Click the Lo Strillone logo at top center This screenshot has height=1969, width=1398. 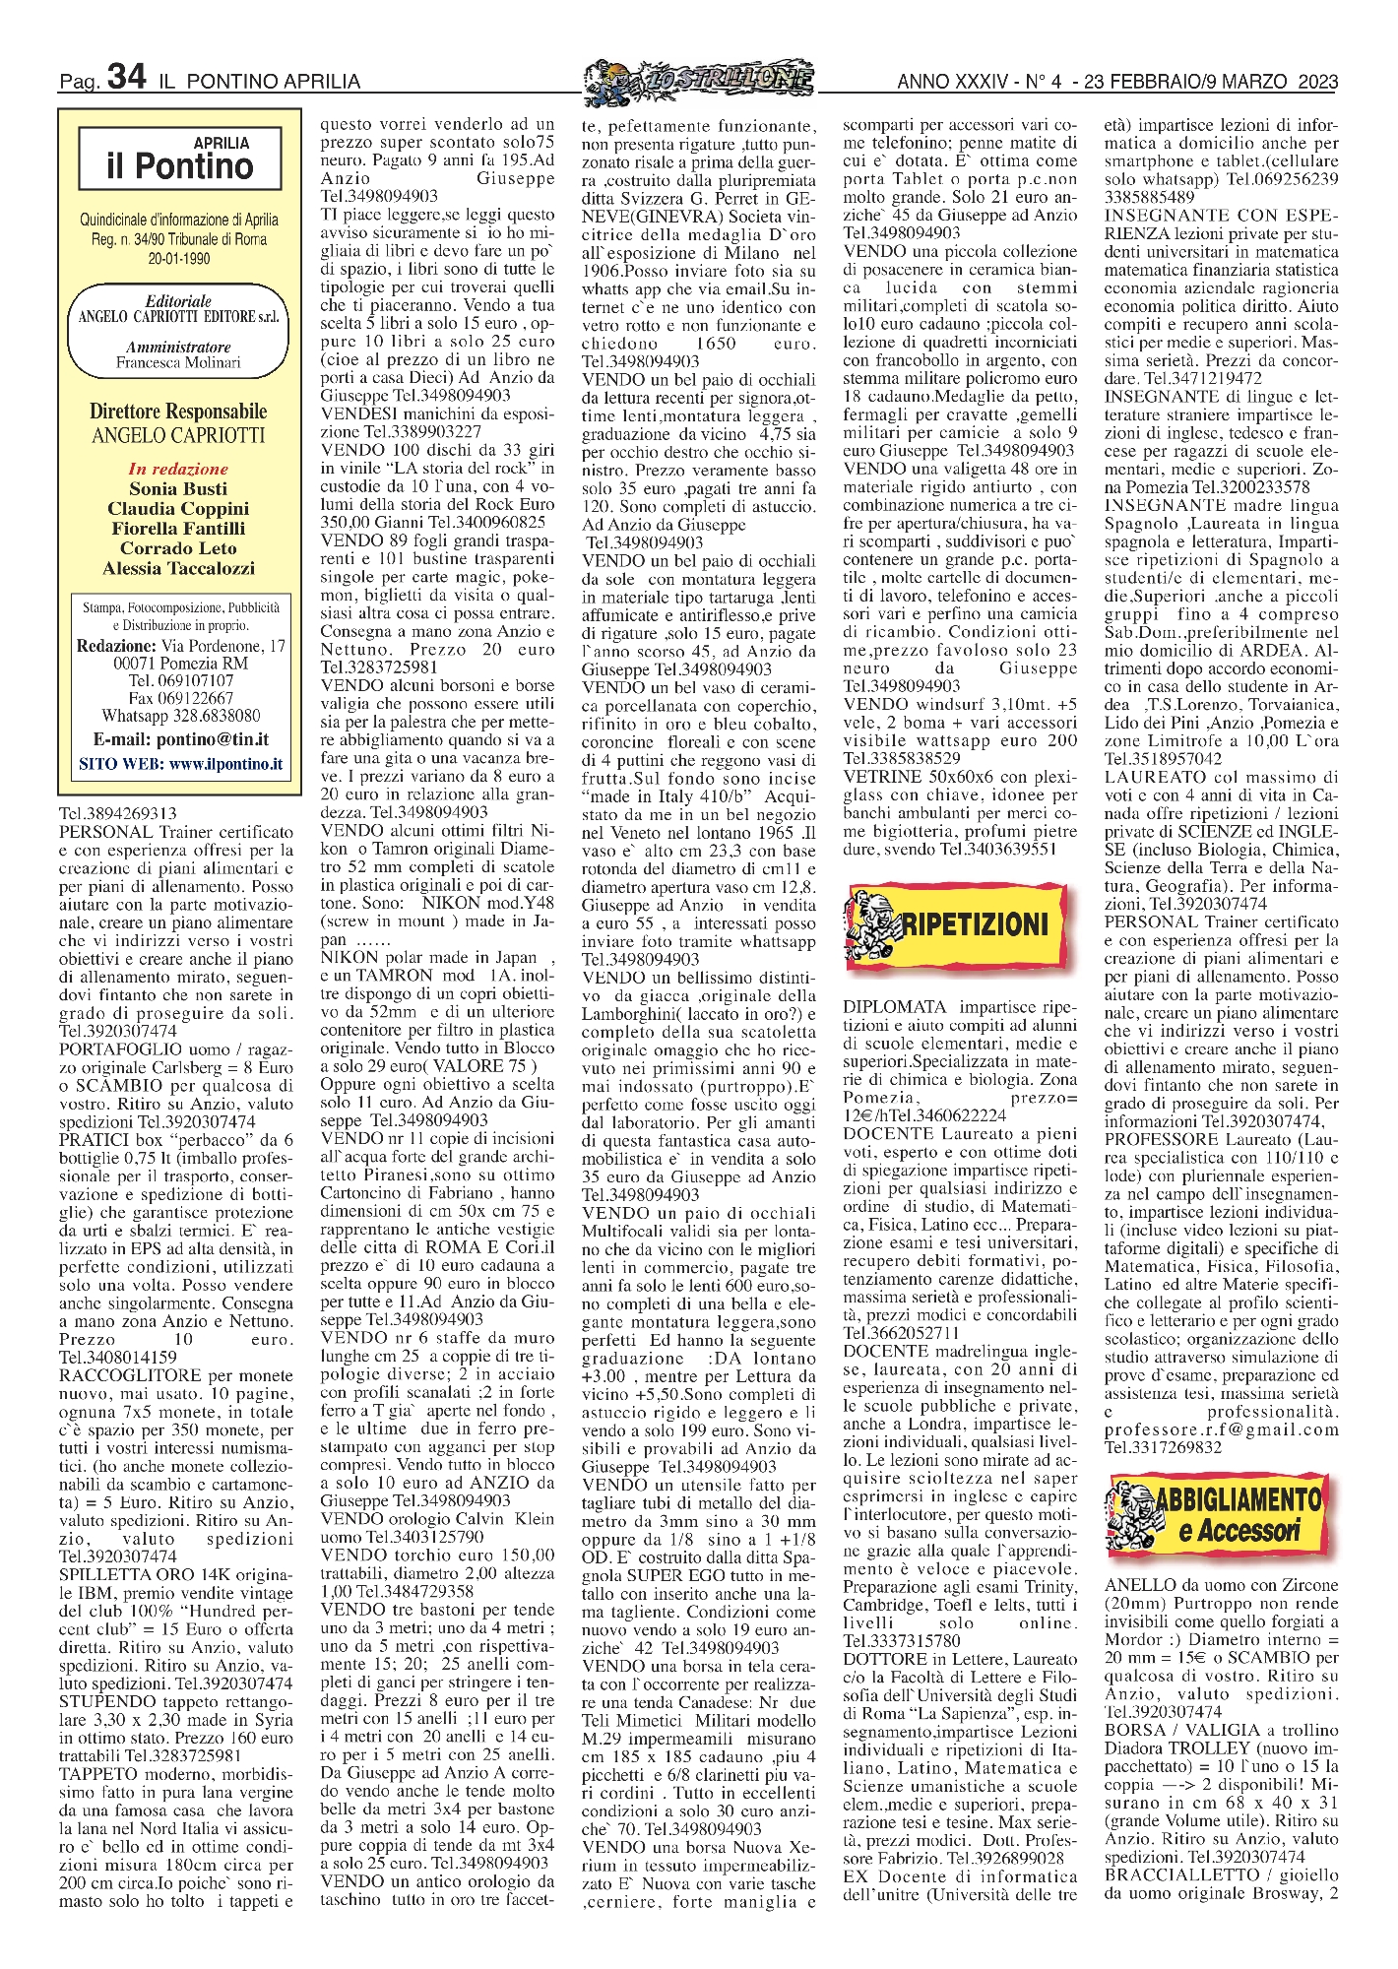click(699, 80)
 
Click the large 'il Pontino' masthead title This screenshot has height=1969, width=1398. click(180, 166)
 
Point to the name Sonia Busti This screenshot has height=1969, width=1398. click(178, 488)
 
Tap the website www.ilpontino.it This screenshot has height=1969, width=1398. click(225, 763)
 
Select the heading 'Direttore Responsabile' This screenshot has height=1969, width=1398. click(178, 412)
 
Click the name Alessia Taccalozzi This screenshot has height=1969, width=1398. click(178, 568)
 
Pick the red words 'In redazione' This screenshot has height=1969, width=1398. click(178, 469)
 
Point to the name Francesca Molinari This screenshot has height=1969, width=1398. click(178, 362)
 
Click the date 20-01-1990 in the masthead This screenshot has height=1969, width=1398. click(178, 258)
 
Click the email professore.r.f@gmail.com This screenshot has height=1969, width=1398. click(1221, 1429)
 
